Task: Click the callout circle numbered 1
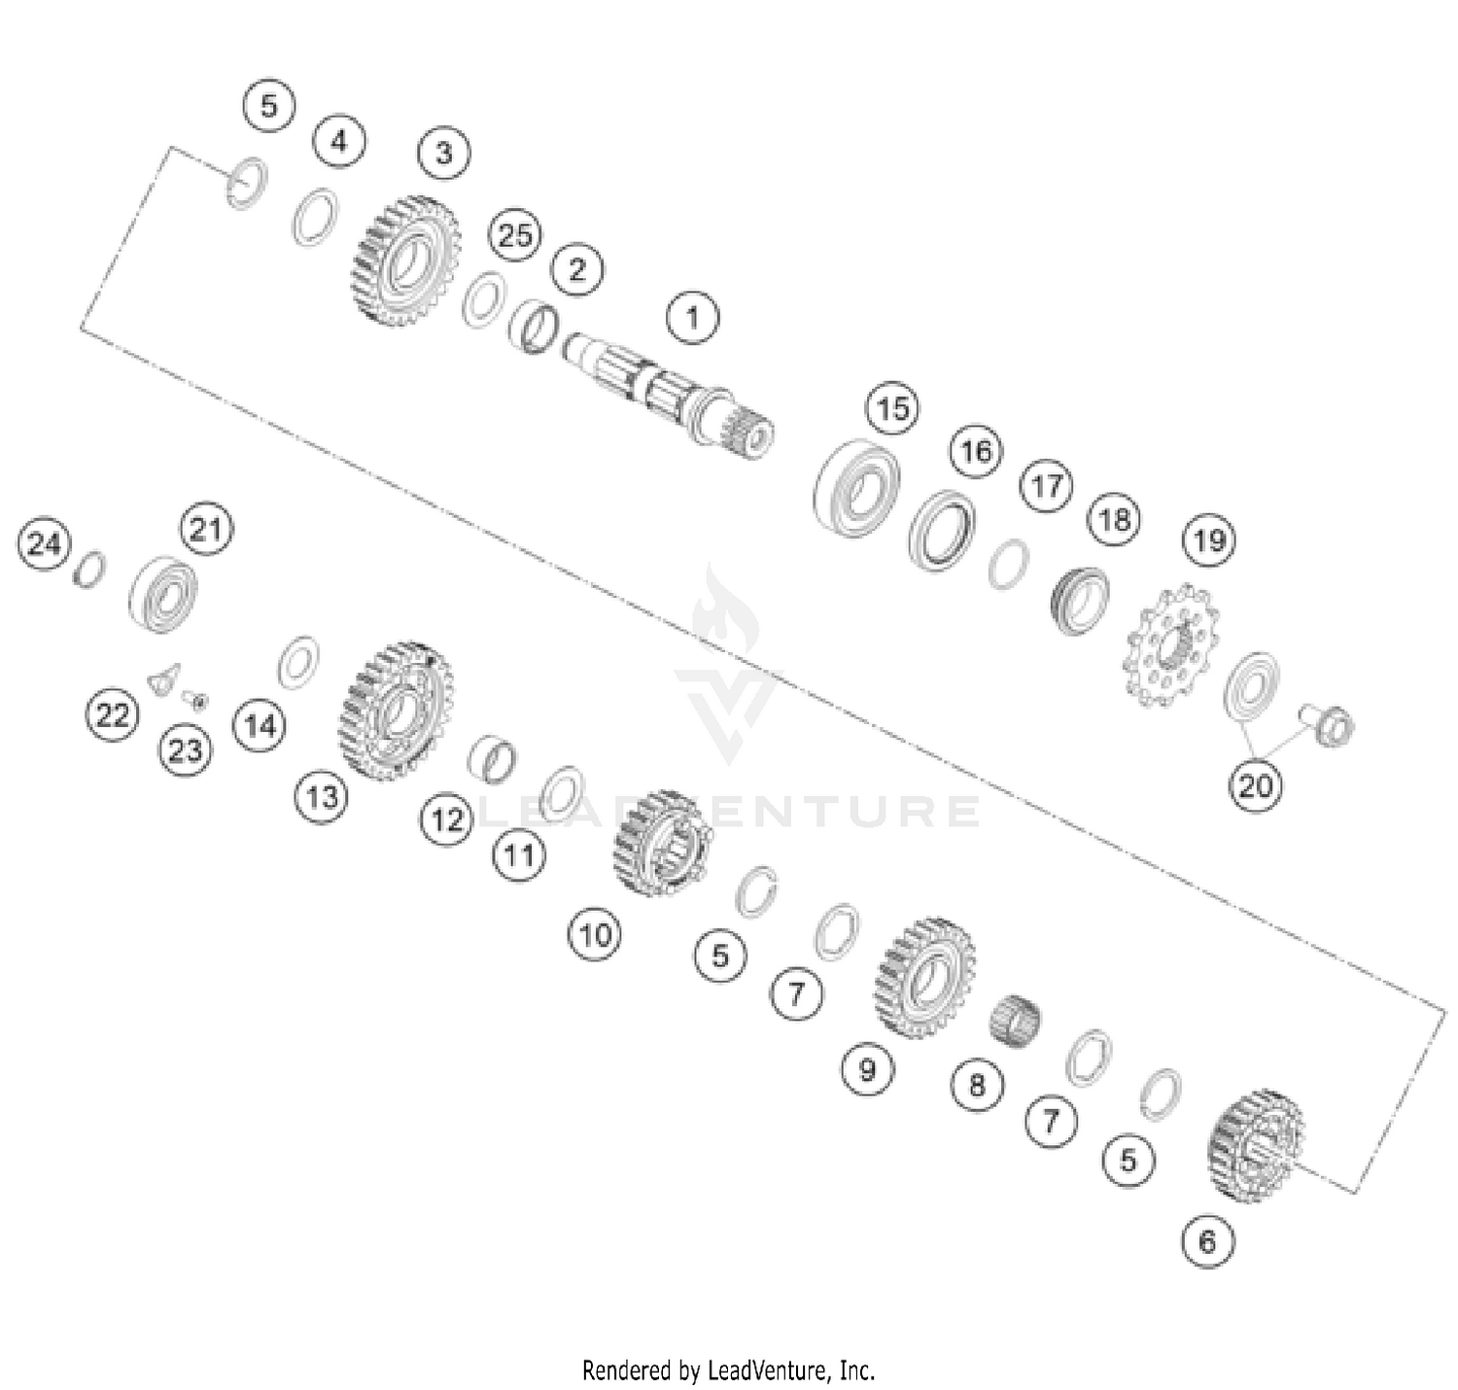click(x=692, y=318)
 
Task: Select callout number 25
click(x=515, y=235)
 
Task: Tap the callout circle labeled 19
click(x=1209, y=539)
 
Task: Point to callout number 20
click(x=1254, y=783)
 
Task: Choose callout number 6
click(x=1207, y=1241)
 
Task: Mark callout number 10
click(x=595, y=935)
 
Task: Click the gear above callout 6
click(x=1256, y=1143)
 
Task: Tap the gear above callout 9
click(x=924, y=977)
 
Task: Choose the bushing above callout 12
click(x=492, y=758)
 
